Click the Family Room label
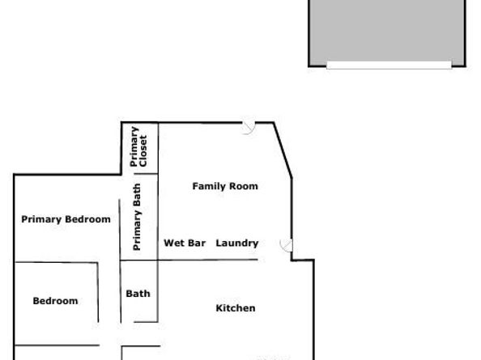224,186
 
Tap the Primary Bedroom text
66,219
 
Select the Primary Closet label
138,147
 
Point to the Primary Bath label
138,217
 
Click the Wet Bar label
185,243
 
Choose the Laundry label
236,243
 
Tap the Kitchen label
236,308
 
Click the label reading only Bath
138,294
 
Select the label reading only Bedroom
55,301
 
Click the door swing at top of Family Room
249,127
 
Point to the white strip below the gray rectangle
388,65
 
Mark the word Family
208,186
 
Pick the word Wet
173,243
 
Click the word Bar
197,243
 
